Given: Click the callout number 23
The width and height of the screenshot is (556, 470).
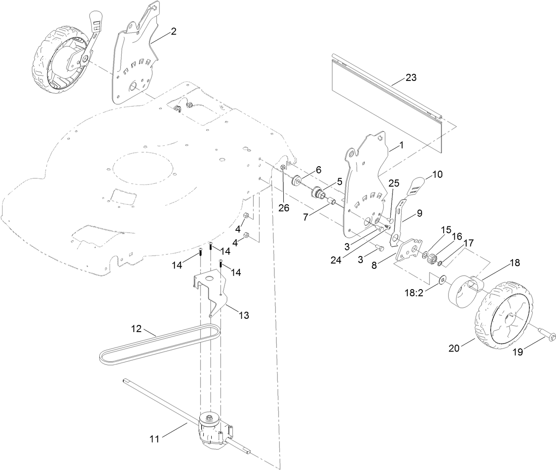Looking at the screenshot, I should tap(411, 77).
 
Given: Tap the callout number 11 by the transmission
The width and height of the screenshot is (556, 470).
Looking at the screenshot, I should tap(154, 439).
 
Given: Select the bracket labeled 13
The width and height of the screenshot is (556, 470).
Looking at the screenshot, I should tap(212, 292).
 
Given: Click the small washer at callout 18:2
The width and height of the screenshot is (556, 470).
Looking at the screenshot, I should tap(442, 280).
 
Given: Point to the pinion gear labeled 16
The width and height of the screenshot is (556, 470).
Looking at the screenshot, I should tap(430, 258).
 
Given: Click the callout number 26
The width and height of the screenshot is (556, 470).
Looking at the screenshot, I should tap(284, 207).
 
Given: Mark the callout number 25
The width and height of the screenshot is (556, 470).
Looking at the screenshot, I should tap(394, 183).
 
